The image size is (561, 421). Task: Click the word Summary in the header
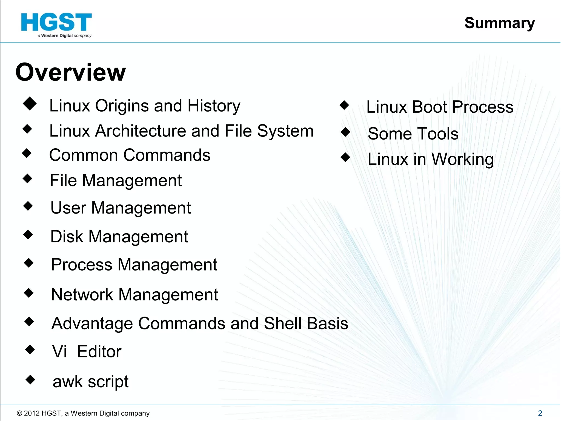[x=499, y=23]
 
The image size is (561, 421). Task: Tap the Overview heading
[x=71, y=72]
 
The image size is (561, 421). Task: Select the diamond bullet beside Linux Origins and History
[x=30, y=104]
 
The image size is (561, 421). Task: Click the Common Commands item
[x=130, y=155]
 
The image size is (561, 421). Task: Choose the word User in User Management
[x=68, y=208]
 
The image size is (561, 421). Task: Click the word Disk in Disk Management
[x=67, y=236]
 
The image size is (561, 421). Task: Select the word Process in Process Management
[x=82, y=265]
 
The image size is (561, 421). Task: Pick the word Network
[x=82, y=295]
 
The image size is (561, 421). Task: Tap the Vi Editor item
[x=87, y=351]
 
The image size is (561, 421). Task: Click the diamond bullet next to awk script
[x=30, y=380]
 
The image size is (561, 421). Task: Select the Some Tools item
[x=413, y=134]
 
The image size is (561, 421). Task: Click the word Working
[x=463, y=159]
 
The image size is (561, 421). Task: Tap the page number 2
[x=540, y=413]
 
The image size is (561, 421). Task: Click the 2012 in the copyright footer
[x=32, y=413]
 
